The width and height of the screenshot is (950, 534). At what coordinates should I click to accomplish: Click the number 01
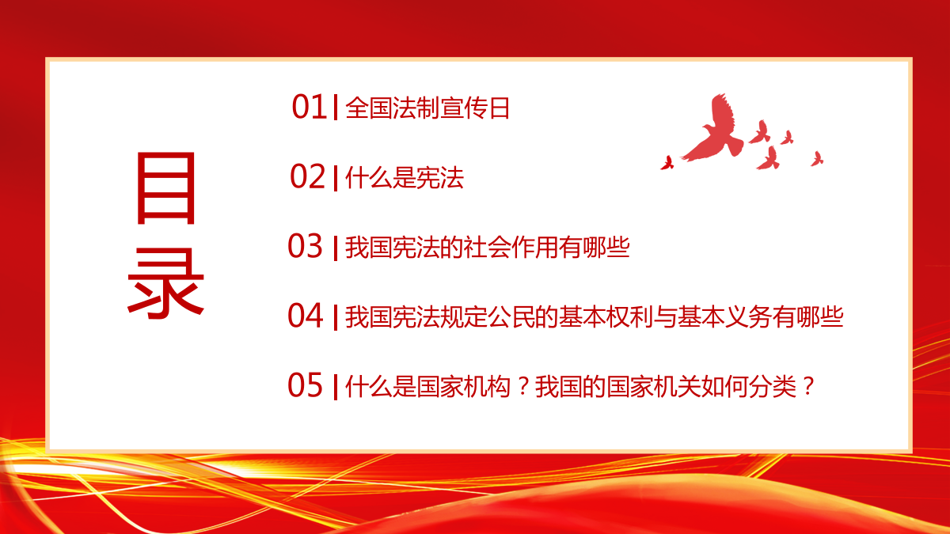(310, 107)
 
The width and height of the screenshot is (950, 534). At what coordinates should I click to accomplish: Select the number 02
(307, 176)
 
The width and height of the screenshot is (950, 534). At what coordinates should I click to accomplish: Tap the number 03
(305, 246)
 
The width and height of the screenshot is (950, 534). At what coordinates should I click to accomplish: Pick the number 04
(305, 316)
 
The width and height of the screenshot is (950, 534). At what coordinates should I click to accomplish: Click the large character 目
(165, 187)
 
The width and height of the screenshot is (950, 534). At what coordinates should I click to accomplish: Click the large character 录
(165, 283)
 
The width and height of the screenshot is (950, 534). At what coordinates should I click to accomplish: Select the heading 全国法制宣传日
(427, 108)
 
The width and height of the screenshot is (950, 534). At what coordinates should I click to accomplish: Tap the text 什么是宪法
(405, 177)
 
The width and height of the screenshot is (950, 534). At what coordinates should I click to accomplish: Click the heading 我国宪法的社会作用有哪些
(488, 247)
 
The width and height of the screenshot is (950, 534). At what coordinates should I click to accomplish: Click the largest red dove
(712, 128)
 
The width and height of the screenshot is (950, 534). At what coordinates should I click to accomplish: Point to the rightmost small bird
(817, 158)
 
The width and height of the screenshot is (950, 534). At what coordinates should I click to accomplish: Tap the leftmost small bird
(667, 163)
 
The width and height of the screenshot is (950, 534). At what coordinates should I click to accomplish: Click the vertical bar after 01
(336, 108)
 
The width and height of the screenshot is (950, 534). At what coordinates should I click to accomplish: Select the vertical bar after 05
(336, 387)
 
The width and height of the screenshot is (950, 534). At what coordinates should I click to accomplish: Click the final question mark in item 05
(808, 386)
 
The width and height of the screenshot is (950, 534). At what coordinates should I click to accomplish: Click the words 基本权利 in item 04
(606, 316)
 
